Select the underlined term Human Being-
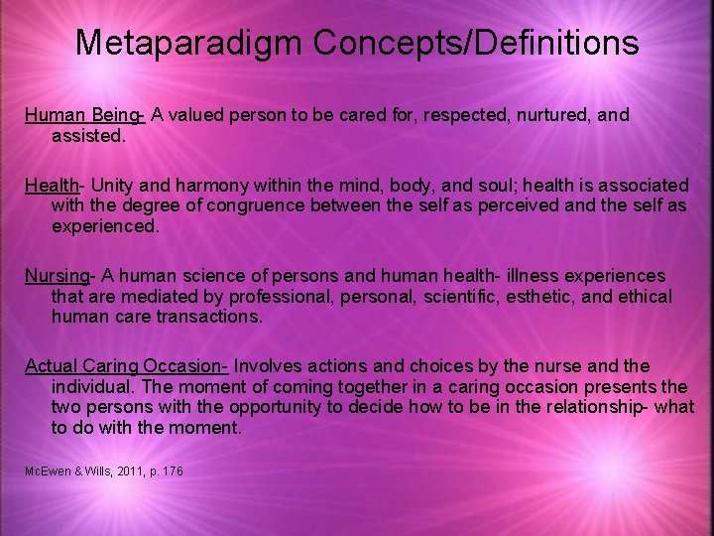click(x=85, y=115)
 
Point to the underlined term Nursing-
click(x=59, y=275)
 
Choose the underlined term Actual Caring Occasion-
click(x=127, y=365)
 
